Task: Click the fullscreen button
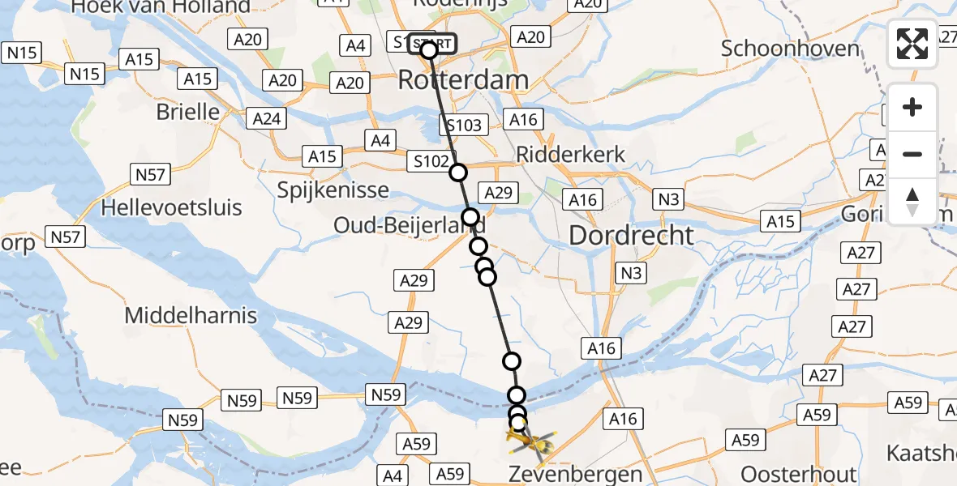pyautogui.click(x=912, y=44)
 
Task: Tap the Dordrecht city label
pyautogui.click(x=632, y=236)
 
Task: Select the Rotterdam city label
pyautogui.click(x=463, y=80)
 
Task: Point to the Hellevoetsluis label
pyautogui.click(x=171, y=207)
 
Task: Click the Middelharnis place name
pyautogui.click(x=191, y=315)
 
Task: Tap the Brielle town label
pyautogui.click(x=188, y=111)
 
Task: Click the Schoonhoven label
pyautogui.click(x=790, y=49)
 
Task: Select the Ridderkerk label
pyautogui.click(x=571, y=155)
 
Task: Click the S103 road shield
pyautogui.click(x=464, y=126)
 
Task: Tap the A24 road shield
pyautogui.click(x=267, y=119)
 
